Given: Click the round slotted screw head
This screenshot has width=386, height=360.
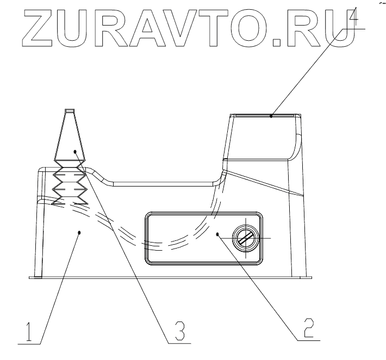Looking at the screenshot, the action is (x=244, y=238).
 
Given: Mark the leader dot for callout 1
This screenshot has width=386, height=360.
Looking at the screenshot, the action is (x=80, y=232).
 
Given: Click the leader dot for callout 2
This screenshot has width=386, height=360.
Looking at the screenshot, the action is (x=217, y=234).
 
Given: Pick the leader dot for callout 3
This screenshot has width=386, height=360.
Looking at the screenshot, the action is (x=75, y=151).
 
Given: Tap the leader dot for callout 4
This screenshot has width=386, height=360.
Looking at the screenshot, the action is (x=271, y=115).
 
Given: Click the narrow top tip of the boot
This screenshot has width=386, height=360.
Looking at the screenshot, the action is (x=69, y=111).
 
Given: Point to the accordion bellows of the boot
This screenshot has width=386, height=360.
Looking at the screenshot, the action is (x=69, y=182).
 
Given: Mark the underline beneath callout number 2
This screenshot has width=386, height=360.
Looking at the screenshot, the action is (x=308, y=340).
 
